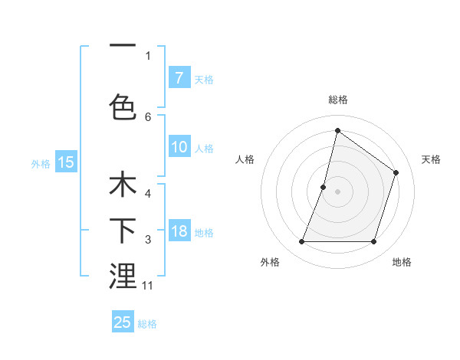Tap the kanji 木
tap(123, 187)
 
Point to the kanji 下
tap(123, 231)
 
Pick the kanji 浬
tap(123, 276)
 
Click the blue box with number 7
tap(179, 77)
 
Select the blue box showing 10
tap(179, 147)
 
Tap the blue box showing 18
tap(179, 231)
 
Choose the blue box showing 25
tap(123, 322)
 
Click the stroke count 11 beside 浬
tap(148, 286)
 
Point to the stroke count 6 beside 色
tap(148, 116)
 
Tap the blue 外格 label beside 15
tap(40, 163)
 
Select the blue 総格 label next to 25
tap(147, 324)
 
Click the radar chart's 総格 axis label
tap(337, 100)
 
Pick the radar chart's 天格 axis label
tap(431, 159)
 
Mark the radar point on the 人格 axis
tap(324, 187)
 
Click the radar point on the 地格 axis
tap(373, 242)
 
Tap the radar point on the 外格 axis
tap(301, 242)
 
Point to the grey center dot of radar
tap(337, 191)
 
